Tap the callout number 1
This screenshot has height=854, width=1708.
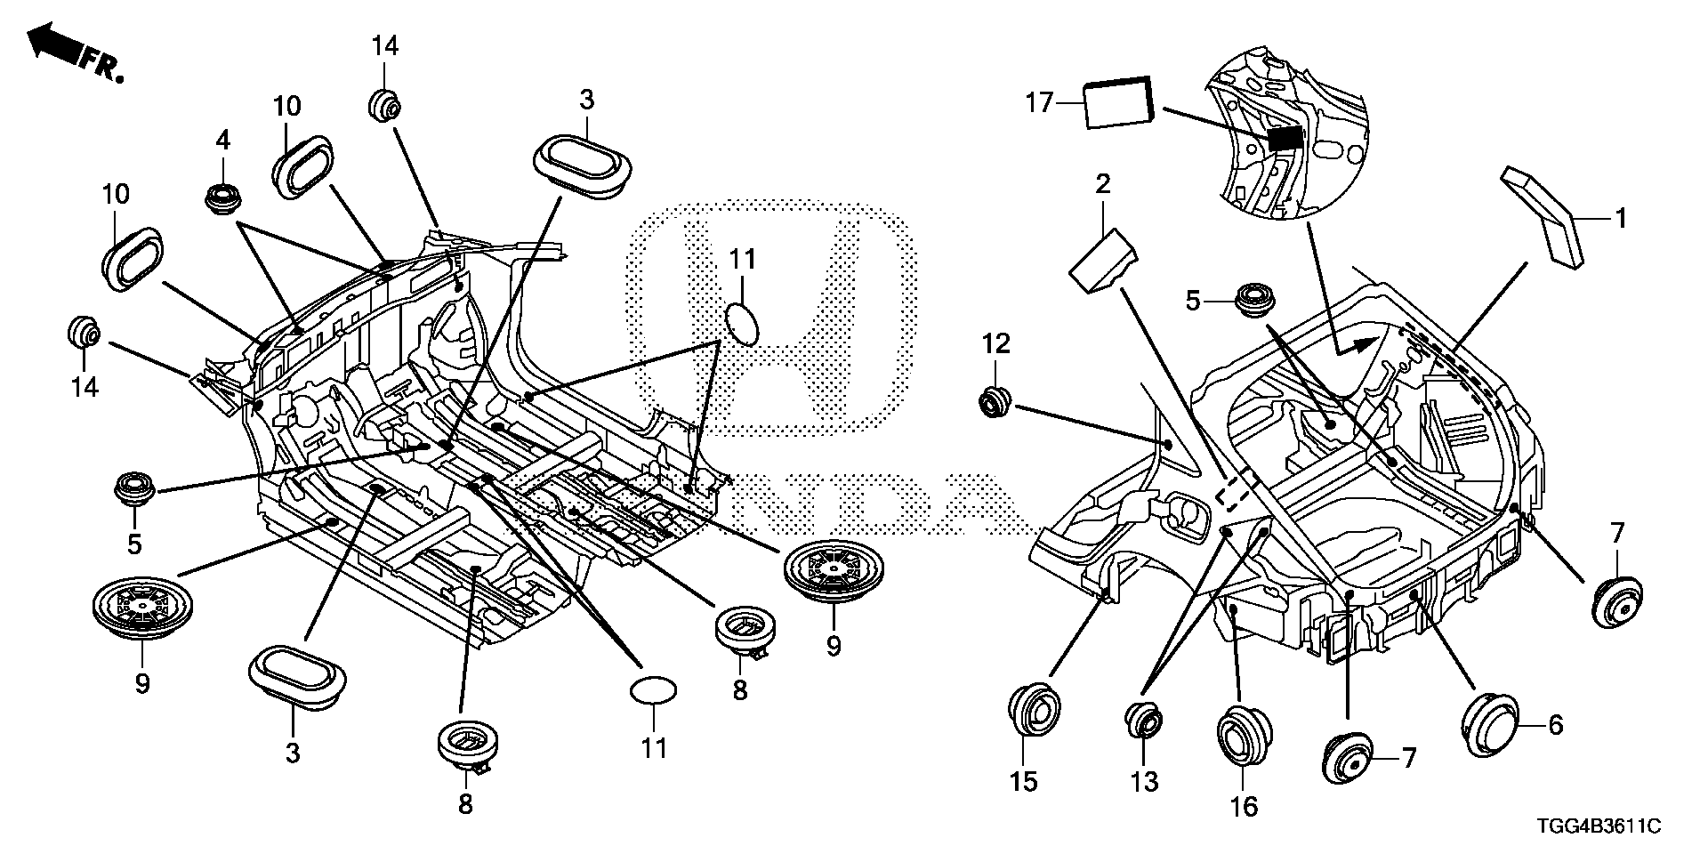1621,218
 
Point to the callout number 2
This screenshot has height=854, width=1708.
1103,185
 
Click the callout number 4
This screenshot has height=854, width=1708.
222,140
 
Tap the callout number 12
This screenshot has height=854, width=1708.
995,343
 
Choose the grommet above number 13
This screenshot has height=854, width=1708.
1145,720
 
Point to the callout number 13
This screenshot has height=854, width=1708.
1144,782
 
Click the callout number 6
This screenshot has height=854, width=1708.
1555,726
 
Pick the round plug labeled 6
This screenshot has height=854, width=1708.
1491,726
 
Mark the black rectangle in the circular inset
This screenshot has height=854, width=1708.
1285,138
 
